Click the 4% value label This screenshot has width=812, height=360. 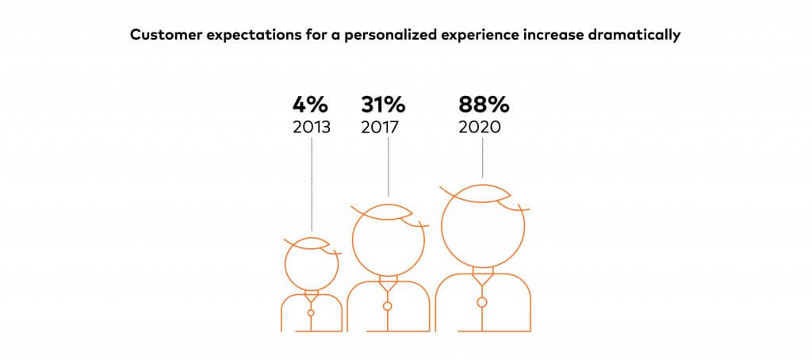click(310, 105)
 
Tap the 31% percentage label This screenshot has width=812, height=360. click(383, 105)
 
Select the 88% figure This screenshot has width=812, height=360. click(484, 105)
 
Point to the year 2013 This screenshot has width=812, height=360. click(311, 128)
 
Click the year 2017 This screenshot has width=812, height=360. click(380, 128)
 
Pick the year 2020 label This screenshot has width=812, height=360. click(480, 128)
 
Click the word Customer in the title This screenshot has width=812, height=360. click(159, 36)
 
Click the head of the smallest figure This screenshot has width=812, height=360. click(285, 264)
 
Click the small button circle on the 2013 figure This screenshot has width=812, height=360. click(311, 313)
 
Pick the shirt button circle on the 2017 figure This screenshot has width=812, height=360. click(387, 306)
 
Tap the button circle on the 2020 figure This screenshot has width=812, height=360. click(482, 302)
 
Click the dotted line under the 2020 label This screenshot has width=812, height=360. click(483, 158)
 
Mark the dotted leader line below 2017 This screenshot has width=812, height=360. click(389, 167)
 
